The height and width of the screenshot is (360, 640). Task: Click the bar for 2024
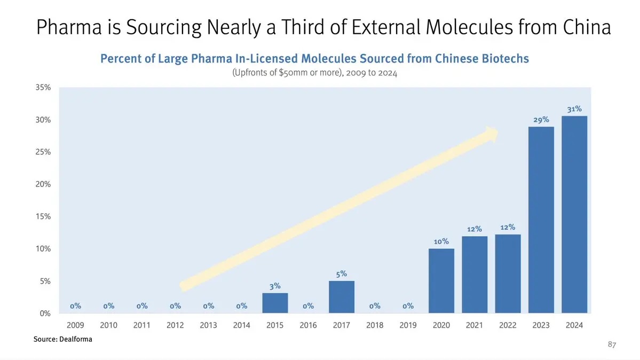[x=574, y=214]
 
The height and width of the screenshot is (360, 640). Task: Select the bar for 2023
[x=541, y=220]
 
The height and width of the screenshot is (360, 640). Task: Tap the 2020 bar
[x=441, y=281]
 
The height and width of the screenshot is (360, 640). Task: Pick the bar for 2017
[x=342, y=297]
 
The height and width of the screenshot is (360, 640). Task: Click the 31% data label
[x=574, y=109]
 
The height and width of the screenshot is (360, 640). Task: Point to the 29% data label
[x=541, y=120]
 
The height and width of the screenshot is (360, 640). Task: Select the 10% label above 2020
[x=441, y=241]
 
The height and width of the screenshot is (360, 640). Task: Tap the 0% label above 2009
[x=75, y=306]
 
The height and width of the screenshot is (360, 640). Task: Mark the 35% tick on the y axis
[x=43, y=88]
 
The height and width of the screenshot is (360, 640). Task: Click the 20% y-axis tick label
[x=43, y=184]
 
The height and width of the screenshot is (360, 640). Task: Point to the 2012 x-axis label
[x=175, y=325]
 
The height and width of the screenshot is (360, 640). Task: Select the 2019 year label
[x=408, y=325]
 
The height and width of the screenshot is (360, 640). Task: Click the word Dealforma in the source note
[x=74, y=339]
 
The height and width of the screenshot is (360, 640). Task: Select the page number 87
[x=612, y=346]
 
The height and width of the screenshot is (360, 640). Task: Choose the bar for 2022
[x=508, y=273]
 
